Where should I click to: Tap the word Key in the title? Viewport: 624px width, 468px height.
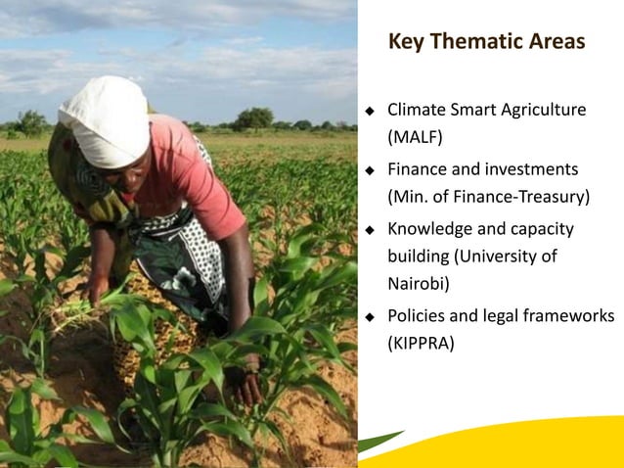coord(406,42)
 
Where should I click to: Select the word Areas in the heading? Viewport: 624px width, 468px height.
coord(556,42)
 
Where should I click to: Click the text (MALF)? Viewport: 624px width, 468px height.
coord(416,135)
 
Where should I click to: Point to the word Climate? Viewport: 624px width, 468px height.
coord(418,109)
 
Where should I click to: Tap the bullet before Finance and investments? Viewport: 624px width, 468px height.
coord(370,169)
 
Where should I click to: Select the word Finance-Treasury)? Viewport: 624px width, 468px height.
coord(529,196)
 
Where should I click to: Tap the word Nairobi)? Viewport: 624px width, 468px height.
coord(420,283)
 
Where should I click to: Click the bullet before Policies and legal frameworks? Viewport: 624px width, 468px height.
coord(370,317)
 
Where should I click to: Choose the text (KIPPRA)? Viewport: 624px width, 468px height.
coord(422,343)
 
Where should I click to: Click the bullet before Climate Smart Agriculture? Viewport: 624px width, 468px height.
coord(370,110)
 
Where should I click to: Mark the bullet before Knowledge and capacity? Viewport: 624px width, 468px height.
coord(370,230)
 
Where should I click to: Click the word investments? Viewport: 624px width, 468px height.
coord(532,168)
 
